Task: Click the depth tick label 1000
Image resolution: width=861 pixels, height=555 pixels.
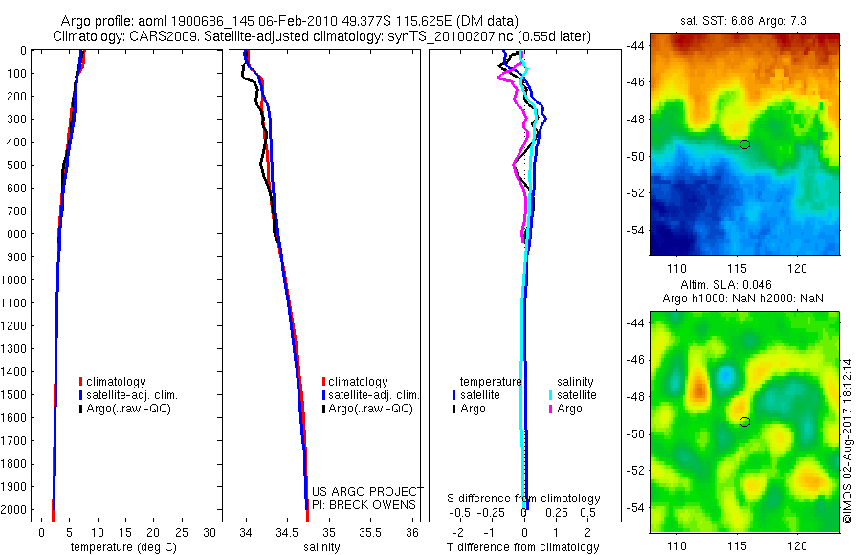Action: point(14,280)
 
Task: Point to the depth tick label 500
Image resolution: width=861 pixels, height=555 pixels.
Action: point(17,165)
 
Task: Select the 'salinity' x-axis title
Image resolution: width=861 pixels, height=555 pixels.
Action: point(323,547)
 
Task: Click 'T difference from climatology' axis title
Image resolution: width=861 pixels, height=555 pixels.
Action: point(523,547)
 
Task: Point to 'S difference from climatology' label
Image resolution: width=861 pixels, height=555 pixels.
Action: point(523,499)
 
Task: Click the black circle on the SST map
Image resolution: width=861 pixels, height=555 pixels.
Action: point(744,144)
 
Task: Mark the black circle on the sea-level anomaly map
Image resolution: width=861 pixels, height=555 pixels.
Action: point(744,422)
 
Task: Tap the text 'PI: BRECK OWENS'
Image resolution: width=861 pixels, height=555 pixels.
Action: point(364,504)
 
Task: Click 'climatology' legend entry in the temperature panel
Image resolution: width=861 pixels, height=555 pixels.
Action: point(115,382)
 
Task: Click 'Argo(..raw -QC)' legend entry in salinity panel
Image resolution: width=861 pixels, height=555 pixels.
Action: point(369,409)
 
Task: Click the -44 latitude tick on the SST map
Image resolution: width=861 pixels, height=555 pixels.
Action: point(636,46)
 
